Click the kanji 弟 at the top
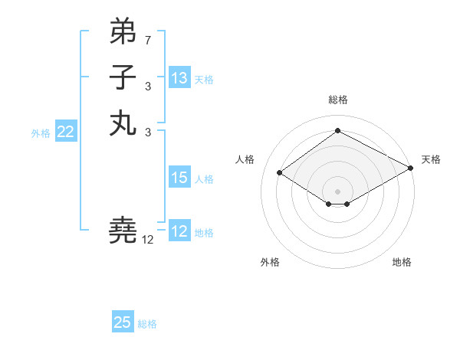point(123,31)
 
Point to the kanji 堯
point(123,229)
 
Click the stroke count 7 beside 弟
point(148,39)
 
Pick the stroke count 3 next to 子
point(148,86)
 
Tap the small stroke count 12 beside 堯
point(148,240)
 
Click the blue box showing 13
point(179,77)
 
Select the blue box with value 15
point(179,178)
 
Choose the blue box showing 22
point(65,132)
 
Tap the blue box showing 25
point(123,322)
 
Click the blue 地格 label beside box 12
point(204,232)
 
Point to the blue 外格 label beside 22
point(41,133)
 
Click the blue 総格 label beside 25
point(147,324)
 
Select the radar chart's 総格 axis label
point(337,100)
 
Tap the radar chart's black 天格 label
point(431,159)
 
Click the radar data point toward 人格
point(280,173)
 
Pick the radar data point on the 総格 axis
point(337,130)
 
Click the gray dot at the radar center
point(337,191)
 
